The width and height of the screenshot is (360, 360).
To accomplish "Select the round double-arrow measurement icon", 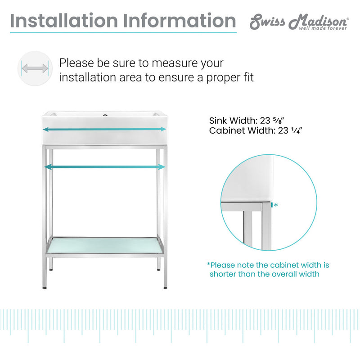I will click(x=35, y=69).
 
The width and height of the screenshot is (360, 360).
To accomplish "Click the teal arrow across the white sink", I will click(x=105, y=130).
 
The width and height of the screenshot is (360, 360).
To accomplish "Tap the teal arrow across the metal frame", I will click(x=105, y=167).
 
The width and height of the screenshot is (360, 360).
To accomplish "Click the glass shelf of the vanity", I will click(x=105, y=245).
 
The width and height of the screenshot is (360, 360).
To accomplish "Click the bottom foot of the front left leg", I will click(x=45, y=286).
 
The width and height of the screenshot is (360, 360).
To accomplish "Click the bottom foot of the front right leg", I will click(x=165, y=286).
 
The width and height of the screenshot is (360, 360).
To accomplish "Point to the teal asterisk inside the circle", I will click(x=276, y=205).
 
